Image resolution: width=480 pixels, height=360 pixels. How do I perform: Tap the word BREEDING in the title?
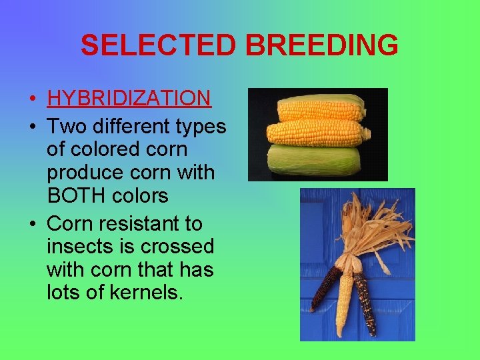coord(322,45)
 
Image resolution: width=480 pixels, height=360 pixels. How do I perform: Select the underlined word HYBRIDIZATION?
coord(129,99)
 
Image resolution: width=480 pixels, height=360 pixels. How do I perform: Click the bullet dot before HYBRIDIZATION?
coord(33,100)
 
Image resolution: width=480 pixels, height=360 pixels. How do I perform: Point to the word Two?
coord(67,125)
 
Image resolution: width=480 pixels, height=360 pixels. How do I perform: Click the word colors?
coord(140,197)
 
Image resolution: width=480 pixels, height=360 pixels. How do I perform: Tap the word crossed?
coord(177,246)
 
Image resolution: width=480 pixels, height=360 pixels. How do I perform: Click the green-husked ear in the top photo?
coord(315,159)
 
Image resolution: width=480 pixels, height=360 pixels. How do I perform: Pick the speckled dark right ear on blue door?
coord(365,303)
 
